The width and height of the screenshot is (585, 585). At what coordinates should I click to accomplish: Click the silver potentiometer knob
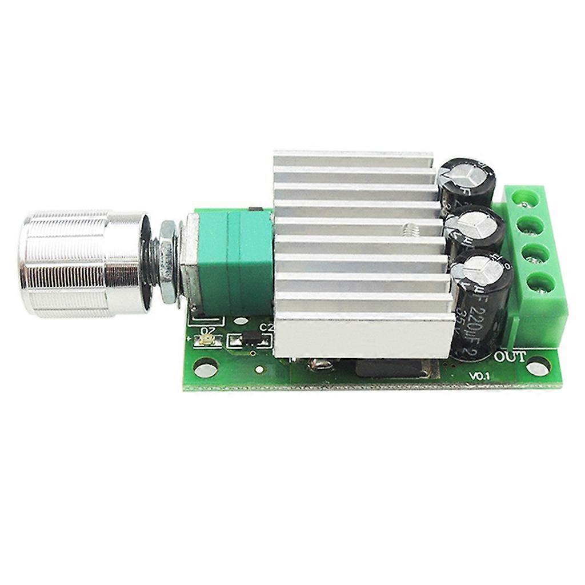[80, 265]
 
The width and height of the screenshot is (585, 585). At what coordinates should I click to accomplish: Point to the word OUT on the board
[510, 357]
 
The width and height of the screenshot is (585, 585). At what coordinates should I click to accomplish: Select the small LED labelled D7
[206, 340]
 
